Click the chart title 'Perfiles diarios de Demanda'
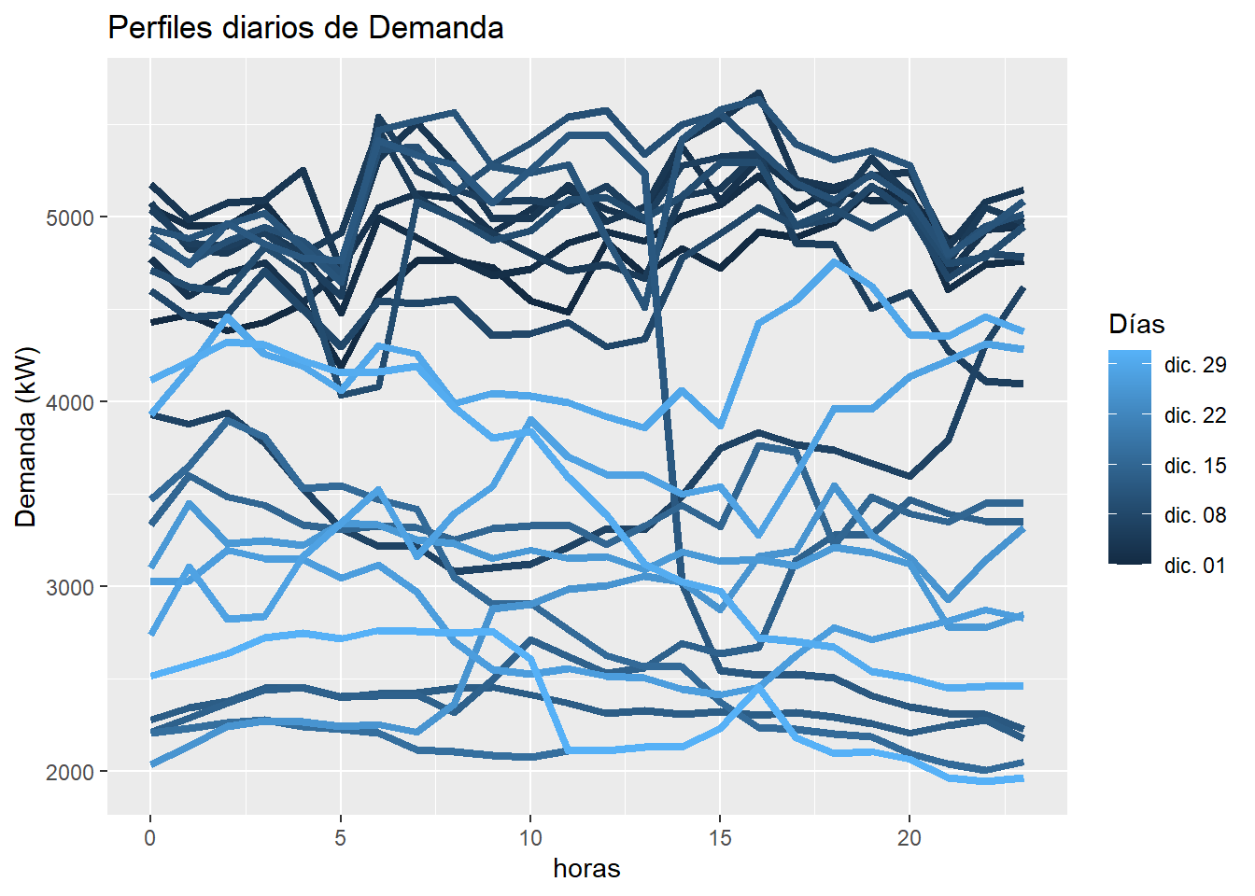coord(305,28)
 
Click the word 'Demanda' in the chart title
coord(436,28)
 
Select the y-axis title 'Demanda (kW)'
coord(26,437)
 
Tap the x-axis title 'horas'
coord(586,869)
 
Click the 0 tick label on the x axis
coord(150,838)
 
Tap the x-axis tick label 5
coord(340,838)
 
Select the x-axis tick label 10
coord(530,838)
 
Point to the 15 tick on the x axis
coord(720,838)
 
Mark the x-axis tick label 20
coord(910,838)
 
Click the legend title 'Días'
coord(1136,325)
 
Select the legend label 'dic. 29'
coord(1195,365)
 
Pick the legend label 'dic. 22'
coord(1195,415)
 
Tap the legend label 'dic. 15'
coord(1195,466)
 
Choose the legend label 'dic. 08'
coord(1195,515)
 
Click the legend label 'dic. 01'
coord(1195,566)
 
